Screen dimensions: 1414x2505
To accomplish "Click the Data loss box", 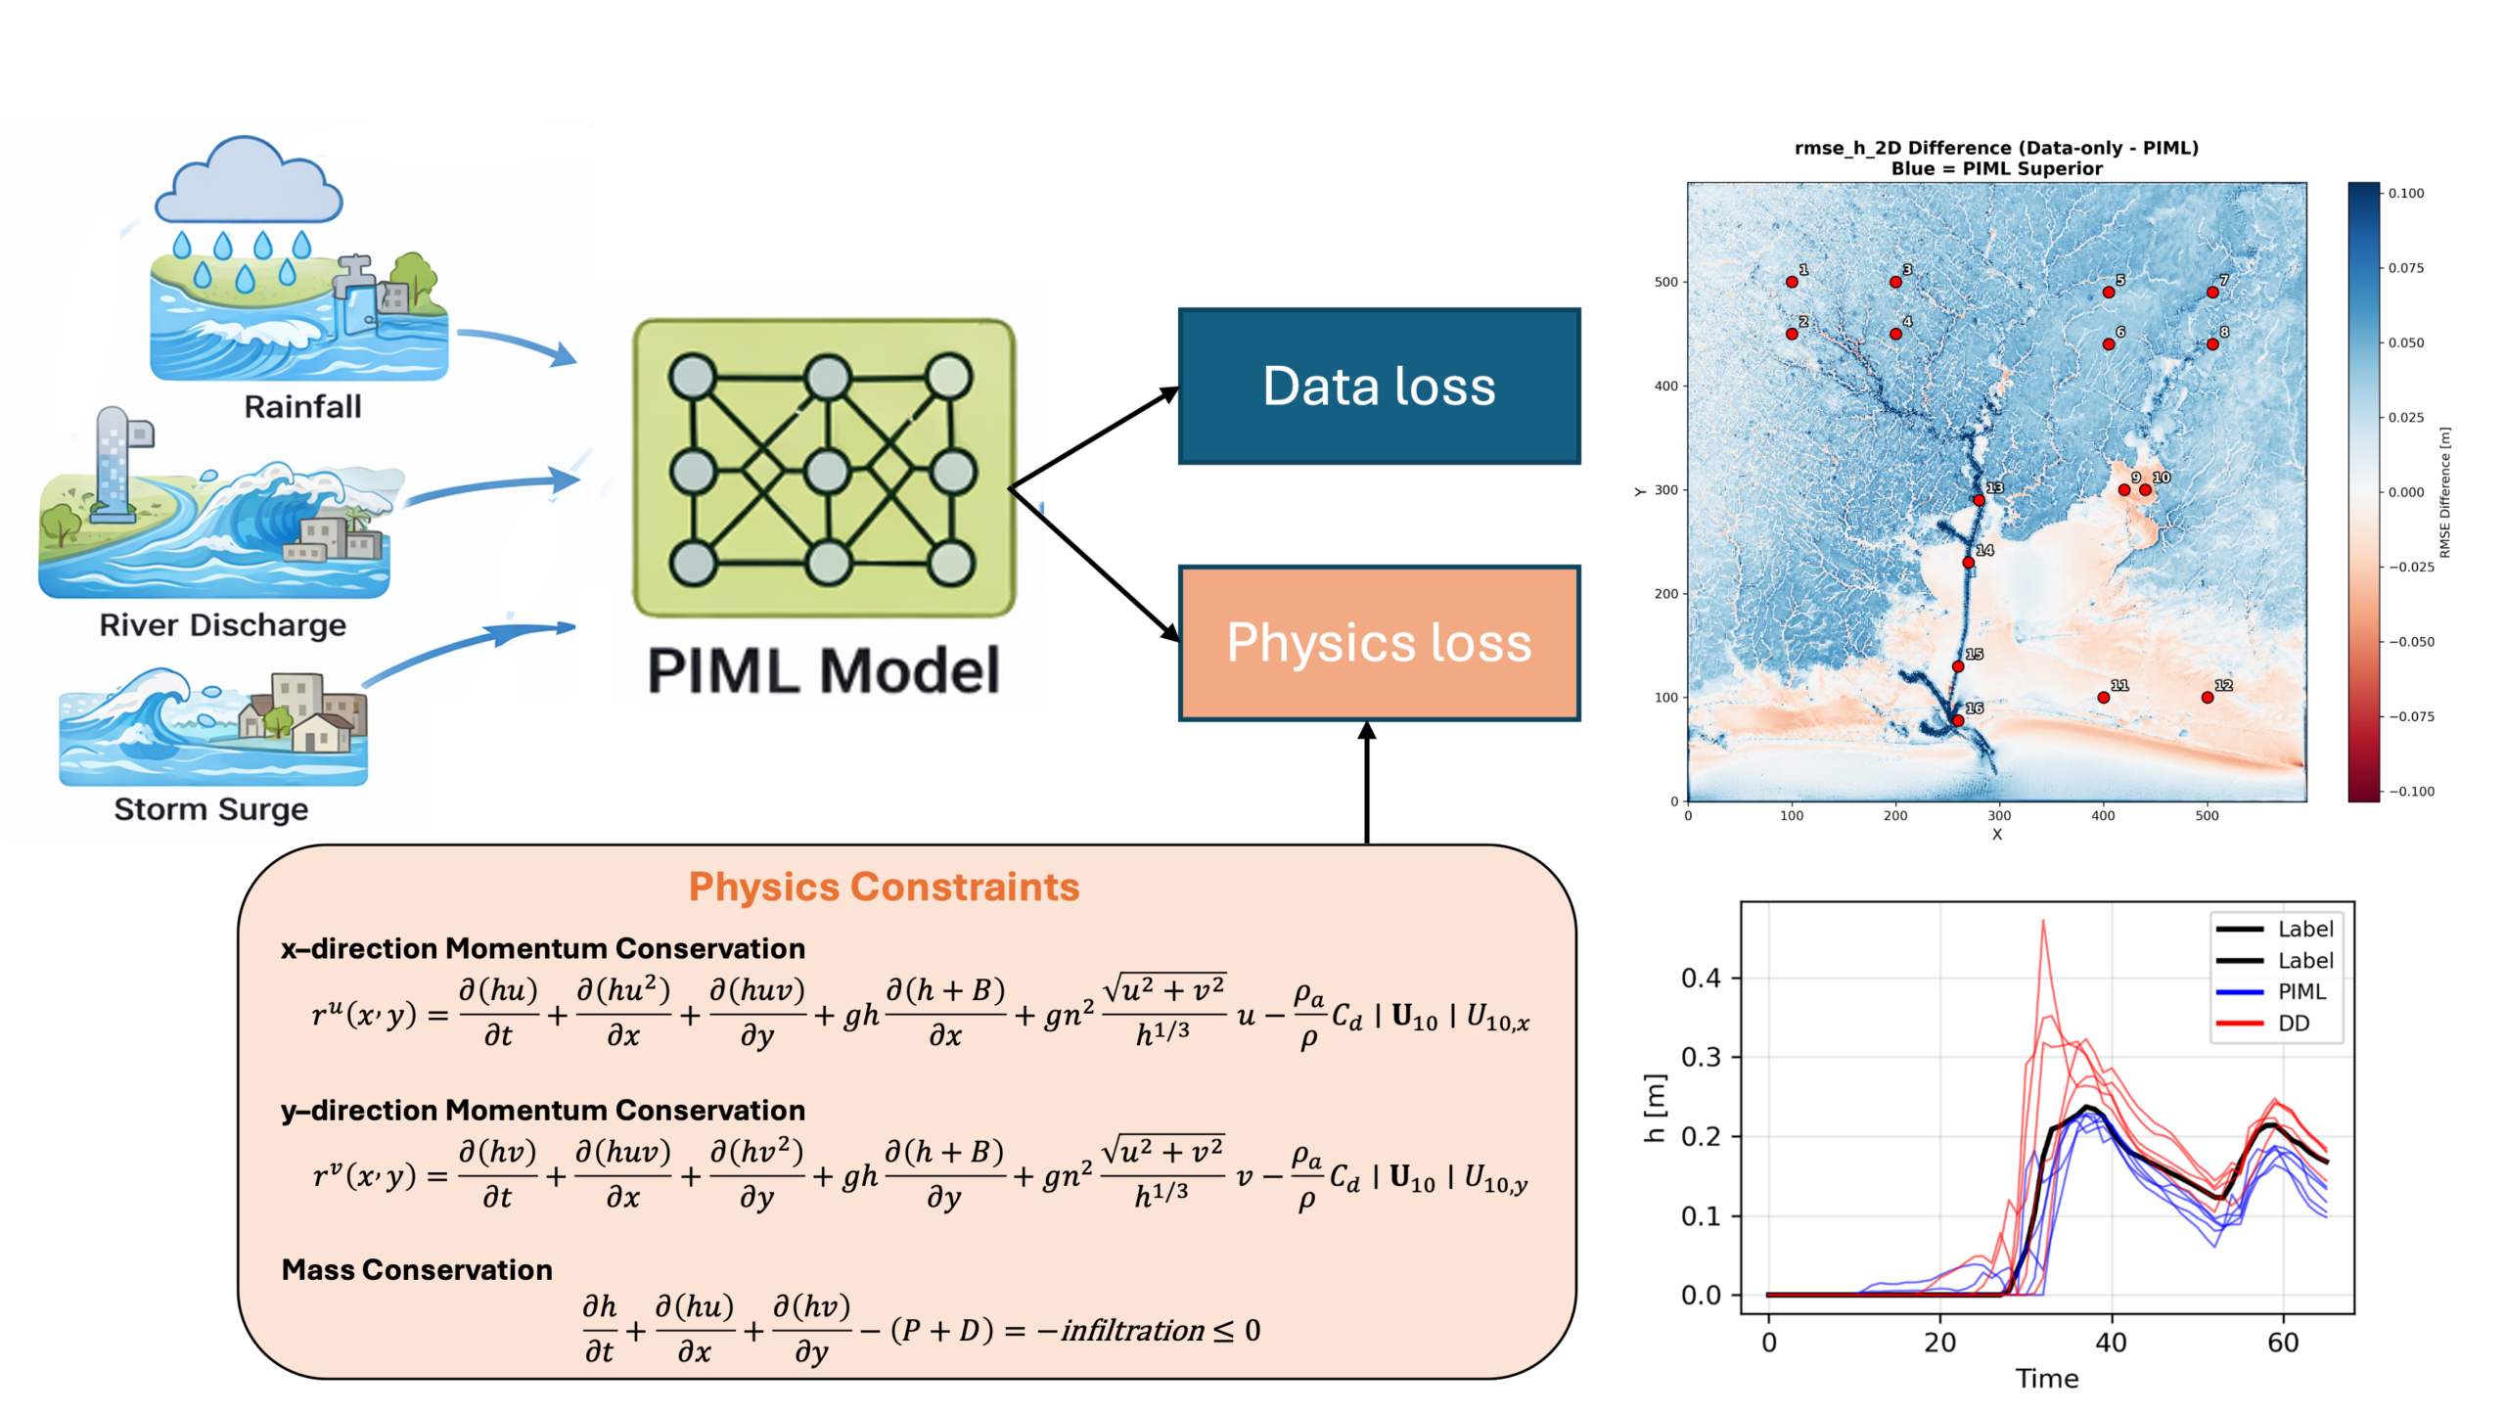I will (1379, 386).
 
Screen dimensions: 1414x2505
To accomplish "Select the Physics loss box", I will (1379, 643).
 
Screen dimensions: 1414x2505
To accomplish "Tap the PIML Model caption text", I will (824, 671).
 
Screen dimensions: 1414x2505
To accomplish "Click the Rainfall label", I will (302, 406).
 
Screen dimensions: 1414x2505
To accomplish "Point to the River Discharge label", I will (223, 624).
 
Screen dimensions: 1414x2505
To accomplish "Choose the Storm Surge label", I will (211, 809).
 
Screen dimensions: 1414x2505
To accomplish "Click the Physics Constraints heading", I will (884, 887).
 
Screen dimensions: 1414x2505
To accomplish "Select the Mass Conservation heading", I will (417, 1269).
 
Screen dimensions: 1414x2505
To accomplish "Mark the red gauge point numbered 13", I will (1979, 500).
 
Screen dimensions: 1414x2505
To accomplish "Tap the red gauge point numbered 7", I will (2212, 293).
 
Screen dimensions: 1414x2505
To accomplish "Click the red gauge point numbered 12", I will (2208, 698).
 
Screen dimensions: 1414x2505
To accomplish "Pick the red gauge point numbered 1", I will (1792, 282).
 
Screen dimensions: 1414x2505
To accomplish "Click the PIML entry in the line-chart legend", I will (2301, 991).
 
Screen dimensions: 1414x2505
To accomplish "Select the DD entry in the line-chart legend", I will (2294, 1024).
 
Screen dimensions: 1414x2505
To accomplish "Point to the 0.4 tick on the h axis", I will (1701, 978).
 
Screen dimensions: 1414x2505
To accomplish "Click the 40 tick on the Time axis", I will (2111, 1342).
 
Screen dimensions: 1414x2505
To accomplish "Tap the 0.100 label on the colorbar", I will (2406, 193).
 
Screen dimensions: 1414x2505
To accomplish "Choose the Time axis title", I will (2047, 1378).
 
